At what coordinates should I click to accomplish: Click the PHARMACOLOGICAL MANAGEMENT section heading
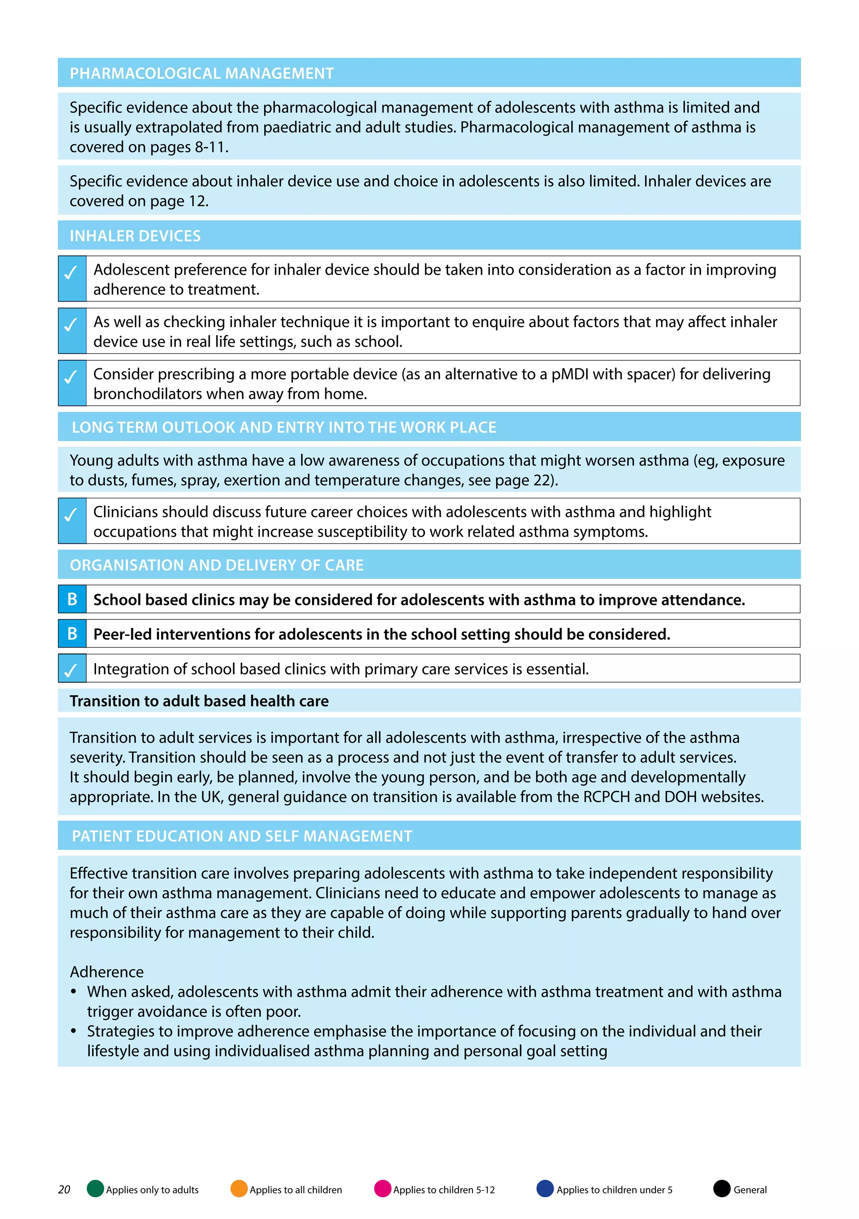(202, 73)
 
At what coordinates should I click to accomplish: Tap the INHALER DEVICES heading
(135, 236)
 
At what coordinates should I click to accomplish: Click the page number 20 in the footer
(64, 1189)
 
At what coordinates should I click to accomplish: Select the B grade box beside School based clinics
(72, 599)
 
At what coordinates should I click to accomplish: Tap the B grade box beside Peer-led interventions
(72, 633)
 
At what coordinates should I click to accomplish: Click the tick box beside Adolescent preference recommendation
(72, 278)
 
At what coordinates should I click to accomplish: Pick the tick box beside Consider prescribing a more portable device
(72, 383)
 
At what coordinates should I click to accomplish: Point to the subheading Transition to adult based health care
(199, 701)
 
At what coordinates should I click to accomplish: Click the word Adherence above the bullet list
(107, 972)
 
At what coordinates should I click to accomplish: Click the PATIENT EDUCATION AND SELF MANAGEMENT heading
(242, 836)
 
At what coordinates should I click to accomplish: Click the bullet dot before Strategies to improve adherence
(74, 1031)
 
